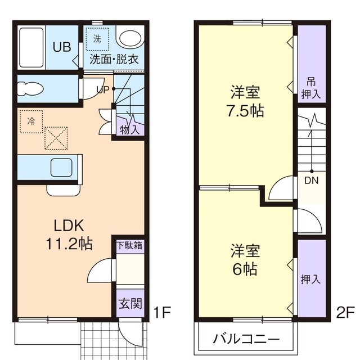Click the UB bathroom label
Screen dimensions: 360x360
click(x=61, y=47)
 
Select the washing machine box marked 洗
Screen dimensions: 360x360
click(x=97, y=40)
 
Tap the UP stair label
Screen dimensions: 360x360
click(x=102, y=89)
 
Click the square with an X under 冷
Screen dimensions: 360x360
click(x=56, y=138)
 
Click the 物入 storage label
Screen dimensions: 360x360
click(x=128, y=129)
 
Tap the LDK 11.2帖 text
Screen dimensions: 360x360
click(x=69, y=235)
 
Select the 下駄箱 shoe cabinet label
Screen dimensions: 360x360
click(x=129, y=245)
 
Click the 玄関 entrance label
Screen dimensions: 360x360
click(x=130, y=304)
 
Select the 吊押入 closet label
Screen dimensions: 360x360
click(x=310, y=88)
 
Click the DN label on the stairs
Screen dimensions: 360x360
click(x=310, y=181)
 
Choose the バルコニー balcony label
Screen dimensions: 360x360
click(x=246, y=340)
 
